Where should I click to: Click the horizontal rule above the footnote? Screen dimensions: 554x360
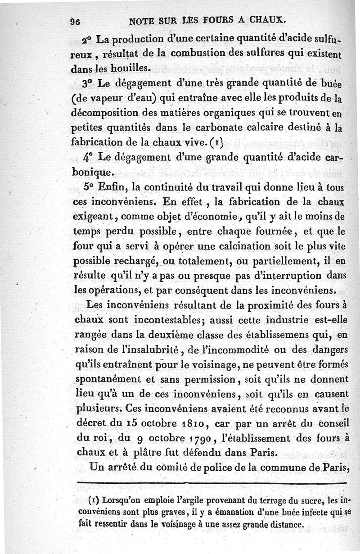click(211, 483)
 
